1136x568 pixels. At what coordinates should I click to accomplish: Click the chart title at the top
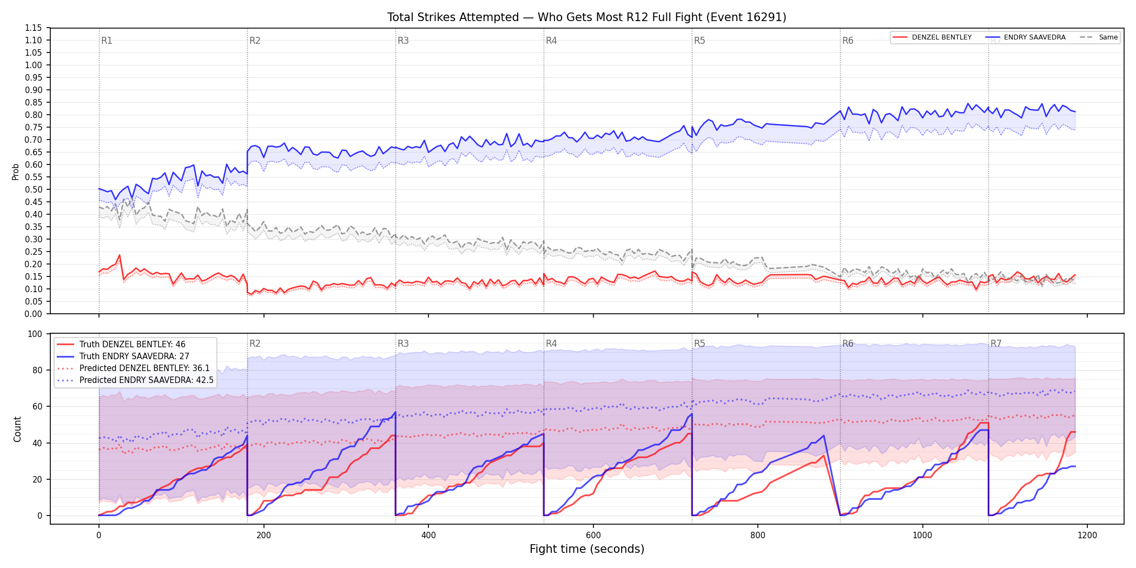(x=586, y=17)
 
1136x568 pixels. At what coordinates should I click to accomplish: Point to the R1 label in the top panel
(x=107, y=41)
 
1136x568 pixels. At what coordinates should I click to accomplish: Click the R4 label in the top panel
(x=551, y=41)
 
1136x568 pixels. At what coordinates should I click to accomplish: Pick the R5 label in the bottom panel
(x=699, y=344)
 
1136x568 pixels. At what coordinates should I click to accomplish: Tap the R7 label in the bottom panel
(x=996, y=344)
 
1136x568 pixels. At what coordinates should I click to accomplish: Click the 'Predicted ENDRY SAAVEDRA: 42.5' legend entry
(x=135, y=380)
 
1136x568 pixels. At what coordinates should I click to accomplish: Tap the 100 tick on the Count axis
(x=35, y=334)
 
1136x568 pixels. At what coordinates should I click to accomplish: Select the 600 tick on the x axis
(x=593, y=535)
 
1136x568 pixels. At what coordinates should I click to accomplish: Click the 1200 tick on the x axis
(x=1087, y=535)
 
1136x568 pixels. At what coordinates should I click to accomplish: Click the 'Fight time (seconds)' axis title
(x=587, y=549)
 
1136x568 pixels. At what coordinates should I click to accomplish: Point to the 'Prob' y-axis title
(x=16, y=171)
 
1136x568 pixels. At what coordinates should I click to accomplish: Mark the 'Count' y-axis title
(x=17, y=429)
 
